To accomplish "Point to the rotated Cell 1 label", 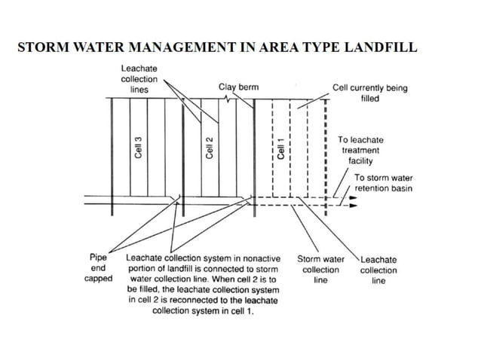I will [280, 147].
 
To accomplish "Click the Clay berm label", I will [238, 87].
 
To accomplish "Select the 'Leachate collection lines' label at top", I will [139, 79].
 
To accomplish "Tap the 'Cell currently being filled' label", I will [369, 93].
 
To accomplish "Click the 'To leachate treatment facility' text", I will [359, 150].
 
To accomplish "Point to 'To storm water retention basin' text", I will [384, 183].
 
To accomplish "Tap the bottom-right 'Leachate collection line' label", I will [378, 270].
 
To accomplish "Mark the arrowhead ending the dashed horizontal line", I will [351, 205].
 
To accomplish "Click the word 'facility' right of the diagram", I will [360, 160].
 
